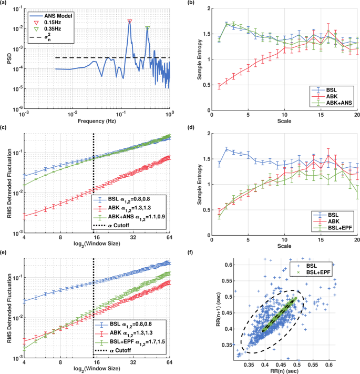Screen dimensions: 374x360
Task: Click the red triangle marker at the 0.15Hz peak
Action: click(130, 22)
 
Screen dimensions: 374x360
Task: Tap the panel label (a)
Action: click(6, 4)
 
